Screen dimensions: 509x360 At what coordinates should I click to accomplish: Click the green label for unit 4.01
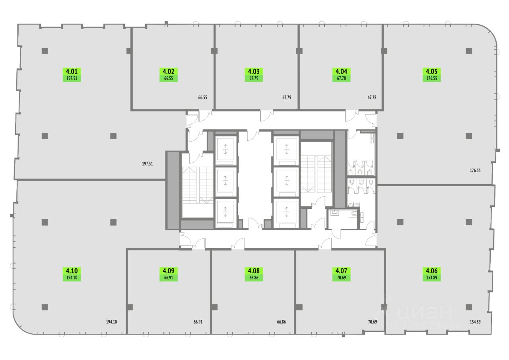tap(72, 75)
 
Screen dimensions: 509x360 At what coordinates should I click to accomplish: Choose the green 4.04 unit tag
tap(341, 75)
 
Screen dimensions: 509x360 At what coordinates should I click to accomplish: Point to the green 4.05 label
tap(431, 75)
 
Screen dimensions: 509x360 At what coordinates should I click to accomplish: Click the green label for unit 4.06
tap(431, 274)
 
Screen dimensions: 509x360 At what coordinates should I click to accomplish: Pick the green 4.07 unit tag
tap(341, 274)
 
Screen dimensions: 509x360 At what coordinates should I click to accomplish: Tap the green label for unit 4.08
tap(254, 274)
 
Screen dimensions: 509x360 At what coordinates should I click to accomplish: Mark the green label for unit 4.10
tap(72, 274)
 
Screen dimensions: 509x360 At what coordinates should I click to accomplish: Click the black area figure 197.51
tap(148, 163)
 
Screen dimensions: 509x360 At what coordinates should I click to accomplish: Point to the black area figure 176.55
tap(475, 170)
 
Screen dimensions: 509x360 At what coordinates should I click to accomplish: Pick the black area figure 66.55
tap(203, 97)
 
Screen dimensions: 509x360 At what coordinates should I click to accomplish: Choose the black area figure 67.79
tap(287, 97)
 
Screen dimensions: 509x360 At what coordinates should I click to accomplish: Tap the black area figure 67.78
tap(371, 97)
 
